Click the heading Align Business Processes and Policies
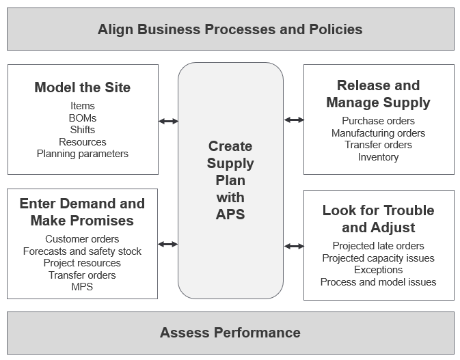point(230,29)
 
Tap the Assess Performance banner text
point(230,333)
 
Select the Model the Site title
point(82,87)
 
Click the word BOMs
point(82,118)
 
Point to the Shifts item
point(82,130)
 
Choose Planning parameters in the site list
point(82,154)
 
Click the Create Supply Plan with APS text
point(230,180)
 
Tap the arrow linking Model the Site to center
point(168,121)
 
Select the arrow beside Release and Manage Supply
point(294,120)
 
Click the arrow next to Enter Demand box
point(168,244)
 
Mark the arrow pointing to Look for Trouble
point(294,246)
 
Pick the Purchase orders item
point(378,121)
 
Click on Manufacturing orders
point(378,133)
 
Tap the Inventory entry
point(378,157)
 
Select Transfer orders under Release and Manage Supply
point(378,145)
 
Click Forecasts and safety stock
point(82,251)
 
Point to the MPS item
point(82,287)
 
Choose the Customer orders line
point(82,239)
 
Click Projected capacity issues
point(378,258)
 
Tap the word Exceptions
point(378,270)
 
